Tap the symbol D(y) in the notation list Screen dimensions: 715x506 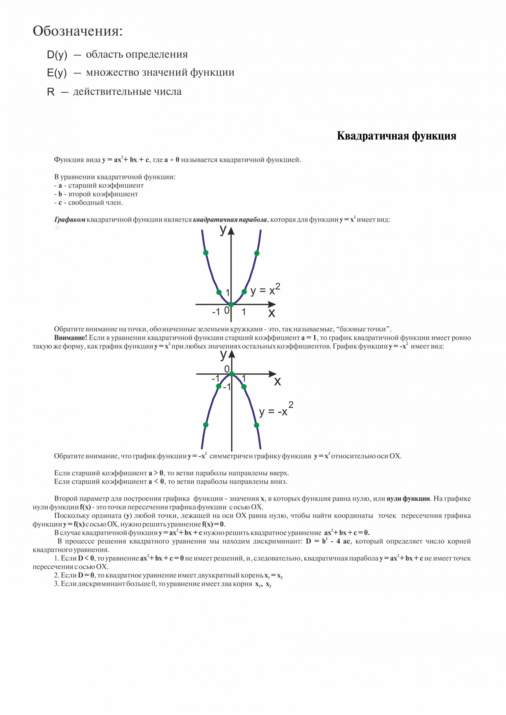57,55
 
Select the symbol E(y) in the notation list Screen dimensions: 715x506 57,73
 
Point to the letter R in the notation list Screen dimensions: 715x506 51,92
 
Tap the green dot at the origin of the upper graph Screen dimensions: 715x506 231,304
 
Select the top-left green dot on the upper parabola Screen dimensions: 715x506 205,252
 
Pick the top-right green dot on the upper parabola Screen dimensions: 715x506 257,253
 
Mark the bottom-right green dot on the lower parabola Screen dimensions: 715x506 256,425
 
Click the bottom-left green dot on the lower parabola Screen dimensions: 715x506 205,425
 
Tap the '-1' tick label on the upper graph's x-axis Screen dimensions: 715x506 216,312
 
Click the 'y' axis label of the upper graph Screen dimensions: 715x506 223,230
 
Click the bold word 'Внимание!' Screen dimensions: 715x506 70,338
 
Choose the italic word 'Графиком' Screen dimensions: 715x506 70,220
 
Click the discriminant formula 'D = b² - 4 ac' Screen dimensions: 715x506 328,541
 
